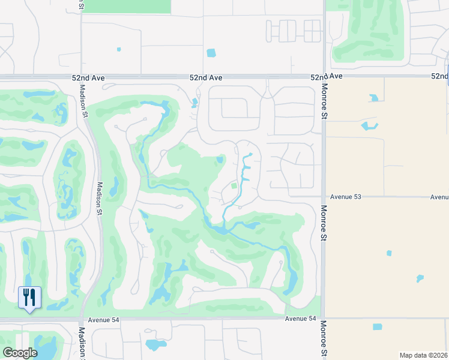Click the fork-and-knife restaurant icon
coord(29,297)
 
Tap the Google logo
coord(20,353)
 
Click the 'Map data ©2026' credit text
coord(423,355)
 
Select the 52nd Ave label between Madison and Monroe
coord(206,78)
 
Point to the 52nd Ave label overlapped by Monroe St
coord(326,77)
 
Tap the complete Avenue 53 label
coord(344,197)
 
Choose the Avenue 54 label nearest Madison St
coord(104,320)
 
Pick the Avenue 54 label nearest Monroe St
coord(300,319)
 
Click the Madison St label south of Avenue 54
coord(81,343)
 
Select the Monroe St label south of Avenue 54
coord(324,340)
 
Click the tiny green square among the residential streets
coord(234,186)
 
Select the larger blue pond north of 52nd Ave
coord(211,53)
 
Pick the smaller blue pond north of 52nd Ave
coord(119,49)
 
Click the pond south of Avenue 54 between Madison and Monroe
coord(155,345)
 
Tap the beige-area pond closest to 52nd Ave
coord(374,97)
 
